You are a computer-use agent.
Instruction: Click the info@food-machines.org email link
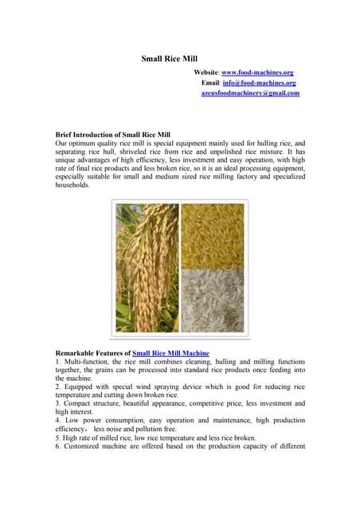tap(260, 82)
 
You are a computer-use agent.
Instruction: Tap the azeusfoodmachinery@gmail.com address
tap(250, 93)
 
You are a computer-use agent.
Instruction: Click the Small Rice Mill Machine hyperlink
tap(170, 351)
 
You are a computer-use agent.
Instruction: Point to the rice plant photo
tap(147, 268)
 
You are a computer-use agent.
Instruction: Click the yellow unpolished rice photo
tap(213, 235)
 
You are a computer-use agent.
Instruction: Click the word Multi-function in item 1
tap(85, 361)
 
